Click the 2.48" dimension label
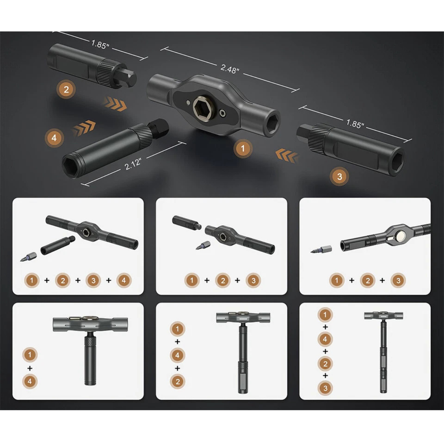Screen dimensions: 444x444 tap(229, 69)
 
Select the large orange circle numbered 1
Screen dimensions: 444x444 tap(243, 148)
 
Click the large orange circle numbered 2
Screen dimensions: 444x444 tap(66, 90)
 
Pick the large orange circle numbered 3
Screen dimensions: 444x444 tap(339, 176)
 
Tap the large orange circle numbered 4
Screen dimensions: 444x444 tap(54, 138)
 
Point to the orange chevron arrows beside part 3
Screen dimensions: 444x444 tap(286, 156)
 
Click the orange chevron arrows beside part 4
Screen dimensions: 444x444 tap(84, 128)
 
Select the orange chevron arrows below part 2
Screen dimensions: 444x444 tap(115, 104)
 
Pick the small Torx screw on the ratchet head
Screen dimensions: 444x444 tap(223, 113)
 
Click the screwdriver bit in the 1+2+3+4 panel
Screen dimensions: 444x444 tap(28, 257)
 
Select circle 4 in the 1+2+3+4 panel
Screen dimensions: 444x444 tap(124, 280)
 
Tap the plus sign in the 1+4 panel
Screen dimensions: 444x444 tap(30, 368)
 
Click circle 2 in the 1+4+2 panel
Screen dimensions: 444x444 tap(178, 382)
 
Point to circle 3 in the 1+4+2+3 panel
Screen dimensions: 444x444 tap(325, 388)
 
